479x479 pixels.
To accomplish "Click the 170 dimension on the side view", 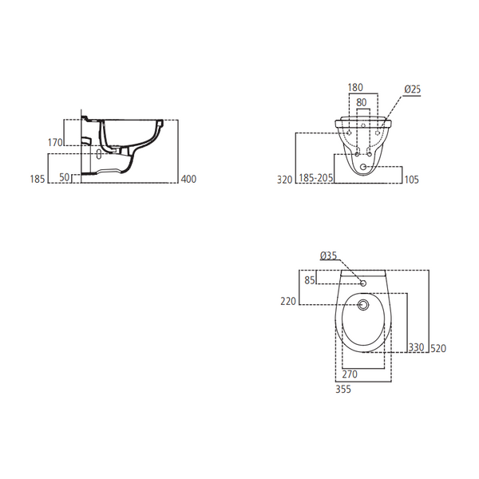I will click(55, 143).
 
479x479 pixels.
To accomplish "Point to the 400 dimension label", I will click(188, 180).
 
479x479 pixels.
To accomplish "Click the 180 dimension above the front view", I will click(355, 89).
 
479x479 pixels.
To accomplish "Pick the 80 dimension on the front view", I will click(362, 101).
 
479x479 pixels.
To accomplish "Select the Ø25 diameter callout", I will click(412, 89).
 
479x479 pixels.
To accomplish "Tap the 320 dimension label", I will click(286, 180).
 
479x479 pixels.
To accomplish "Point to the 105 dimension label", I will click(412, 180).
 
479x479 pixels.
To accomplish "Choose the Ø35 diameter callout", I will click(328, 255).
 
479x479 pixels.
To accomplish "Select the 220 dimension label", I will click(288, 301).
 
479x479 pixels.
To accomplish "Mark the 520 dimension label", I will click(437, 347).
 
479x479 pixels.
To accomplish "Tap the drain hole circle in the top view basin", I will click(363, 305).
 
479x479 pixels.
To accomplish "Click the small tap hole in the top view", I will click(363, 283).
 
